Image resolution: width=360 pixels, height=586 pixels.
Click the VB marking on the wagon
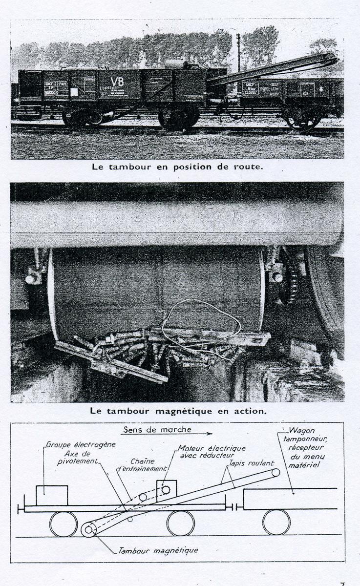(117, 82)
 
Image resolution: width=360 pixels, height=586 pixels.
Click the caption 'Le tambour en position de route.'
(178, 166)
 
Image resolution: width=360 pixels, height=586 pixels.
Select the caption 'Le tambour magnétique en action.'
(178, 411)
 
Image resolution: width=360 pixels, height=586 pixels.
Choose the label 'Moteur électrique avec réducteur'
(211, 452)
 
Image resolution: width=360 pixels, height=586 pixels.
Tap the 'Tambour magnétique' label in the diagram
(158, 550)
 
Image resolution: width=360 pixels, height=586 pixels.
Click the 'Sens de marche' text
(157, 430)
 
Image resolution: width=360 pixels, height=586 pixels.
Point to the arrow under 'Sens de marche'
(166, 434)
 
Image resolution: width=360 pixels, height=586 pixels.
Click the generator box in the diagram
(51, 495)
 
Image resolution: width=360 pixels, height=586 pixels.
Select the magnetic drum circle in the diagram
(88, 529)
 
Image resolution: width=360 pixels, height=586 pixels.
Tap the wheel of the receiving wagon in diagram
(276, 523)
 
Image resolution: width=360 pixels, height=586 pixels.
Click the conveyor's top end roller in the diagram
(276, 472)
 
